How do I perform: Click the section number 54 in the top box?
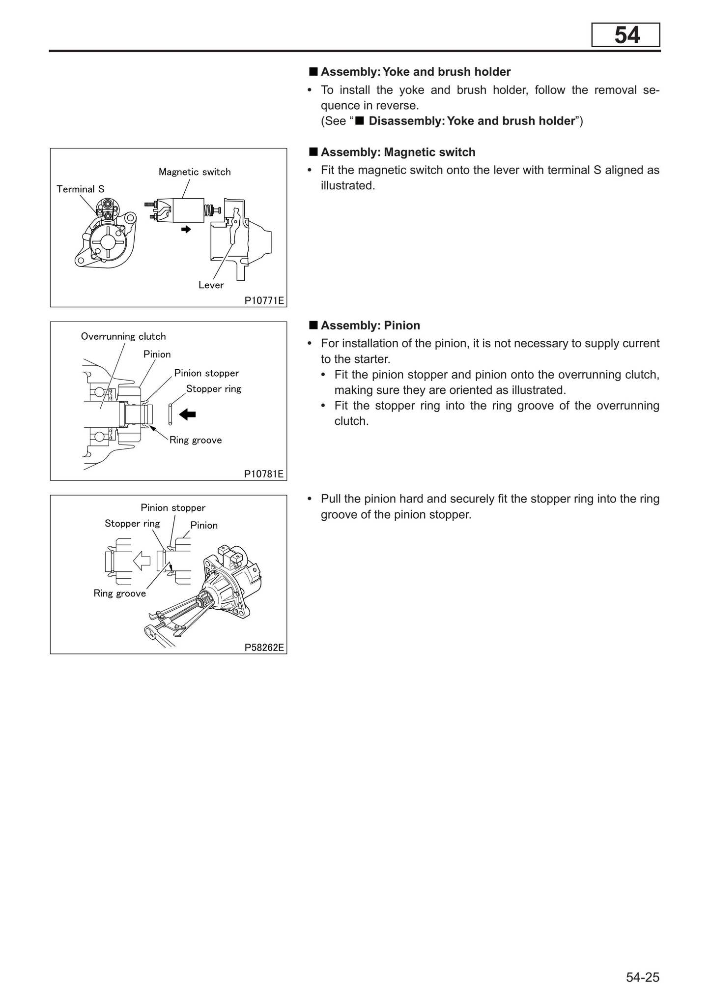tap(626, 35)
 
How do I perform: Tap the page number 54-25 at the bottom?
tap(642, 977)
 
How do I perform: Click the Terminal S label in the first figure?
tap(80, 189)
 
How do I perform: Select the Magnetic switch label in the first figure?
tap(195, 172)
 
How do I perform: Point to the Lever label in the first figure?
tap(211, 285)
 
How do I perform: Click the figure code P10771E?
tap(264, 300)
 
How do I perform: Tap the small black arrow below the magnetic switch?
tap(186, 229)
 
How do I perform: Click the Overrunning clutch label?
tap(123, 336)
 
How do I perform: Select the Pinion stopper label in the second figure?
tap(206, 373)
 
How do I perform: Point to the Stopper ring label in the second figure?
tap(214, 389)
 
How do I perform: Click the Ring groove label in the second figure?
tap(196, 440)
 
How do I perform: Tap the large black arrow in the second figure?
tap(187, 415)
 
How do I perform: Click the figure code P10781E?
tap(264, 474)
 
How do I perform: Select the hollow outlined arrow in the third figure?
tap(142, 560)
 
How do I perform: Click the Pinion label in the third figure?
tap(204, 525)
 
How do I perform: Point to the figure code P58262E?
tap(264, 647)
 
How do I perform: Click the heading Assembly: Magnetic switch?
tap(398, 152)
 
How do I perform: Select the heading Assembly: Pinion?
tap(370, 326)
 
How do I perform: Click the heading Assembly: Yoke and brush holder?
tap(415, 72)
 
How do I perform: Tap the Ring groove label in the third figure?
tap(119, 593)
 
